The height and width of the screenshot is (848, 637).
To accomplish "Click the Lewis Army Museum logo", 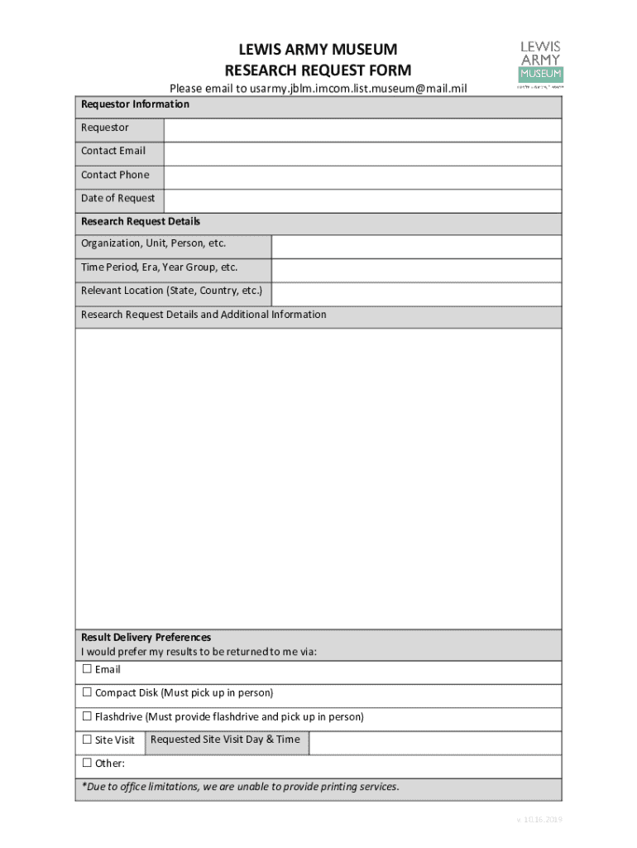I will coord(540,63).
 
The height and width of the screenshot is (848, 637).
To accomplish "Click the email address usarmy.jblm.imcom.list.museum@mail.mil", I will coord(347,88).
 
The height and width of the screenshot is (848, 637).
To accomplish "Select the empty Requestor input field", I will coord(362,130).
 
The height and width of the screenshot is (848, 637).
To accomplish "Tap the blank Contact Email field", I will coord(362,153).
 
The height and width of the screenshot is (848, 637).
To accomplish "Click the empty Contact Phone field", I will coord(362,177).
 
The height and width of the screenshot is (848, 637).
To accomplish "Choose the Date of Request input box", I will coord(362,200).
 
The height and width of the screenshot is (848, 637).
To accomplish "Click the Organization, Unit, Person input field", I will coord(416,247).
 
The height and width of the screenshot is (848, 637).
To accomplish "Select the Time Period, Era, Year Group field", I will coord(416,270).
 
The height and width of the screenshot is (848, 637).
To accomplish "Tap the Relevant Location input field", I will coord(416,294).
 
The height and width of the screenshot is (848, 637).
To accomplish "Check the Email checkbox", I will coord(86,669).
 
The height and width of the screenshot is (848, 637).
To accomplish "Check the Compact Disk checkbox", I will coord(86,692).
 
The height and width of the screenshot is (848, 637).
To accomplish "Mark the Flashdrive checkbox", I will coord(86,716).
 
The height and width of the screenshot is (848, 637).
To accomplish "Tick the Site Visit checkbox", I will coord(86,740).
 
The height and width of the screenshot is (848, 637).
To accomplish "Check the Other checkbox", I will coord(86,764).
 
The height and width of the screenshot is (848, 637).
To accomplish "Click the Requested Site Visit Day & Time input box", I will coord(435,743).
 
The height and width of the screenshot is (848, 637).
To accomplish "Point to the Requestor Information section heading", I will coord(135,104).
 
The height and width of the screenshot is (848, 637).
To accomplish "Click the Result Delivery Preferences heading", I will coord(146,637).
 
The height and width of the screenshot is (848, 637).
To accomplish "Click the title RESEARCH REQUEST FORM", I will coord(318,70).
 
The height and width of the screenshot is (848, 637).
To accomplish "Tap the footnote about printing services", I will coord(240,787).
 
